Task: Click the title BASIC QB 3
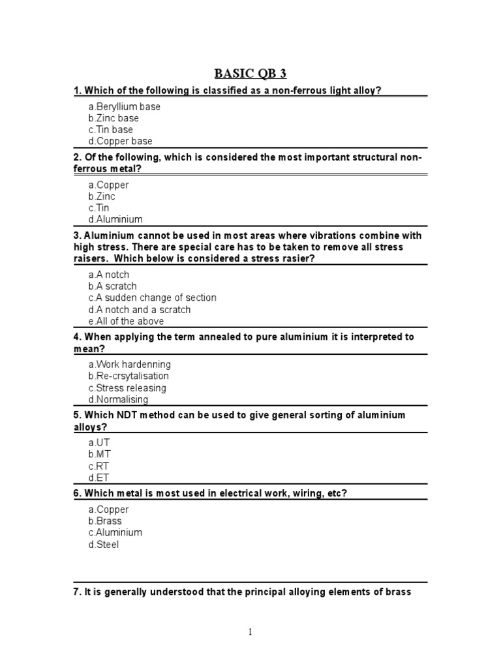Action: [x=250, y=72]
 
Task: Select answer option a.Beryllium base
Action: [x=124, y=106]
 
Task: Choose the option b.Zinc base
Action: [x=114, y=118]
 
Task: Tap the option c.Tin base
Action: [x=111, y=130]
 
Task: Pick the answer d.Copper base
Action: [x=120, y=141]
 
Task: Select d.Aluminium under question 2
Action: [x=115, y=220]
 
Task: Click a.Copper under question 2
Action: [x=108, y=185]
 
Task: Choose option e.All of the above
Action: [x=126, y=321]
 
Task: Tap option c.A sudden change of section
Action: [x=152, y=297]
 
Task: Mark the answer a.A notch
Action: [x=109, y=275]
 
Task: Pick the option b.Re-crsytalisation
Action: [x=129, y=376]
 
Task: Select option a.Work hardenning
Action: [x=129, y=364]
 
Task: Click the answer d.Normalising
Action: [x=118, y=399]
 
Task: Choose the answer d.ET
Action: [x=99, y=478]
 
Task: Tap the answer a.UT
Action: [x=99, y=442]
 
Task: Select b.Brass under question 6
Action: [x=105, y=521]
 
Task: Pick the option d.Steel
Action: [x=104, y=544]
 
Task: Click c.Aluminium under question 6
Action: [x=115, y=532]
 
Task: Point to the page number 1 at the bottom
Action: [x=250, y=631]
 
